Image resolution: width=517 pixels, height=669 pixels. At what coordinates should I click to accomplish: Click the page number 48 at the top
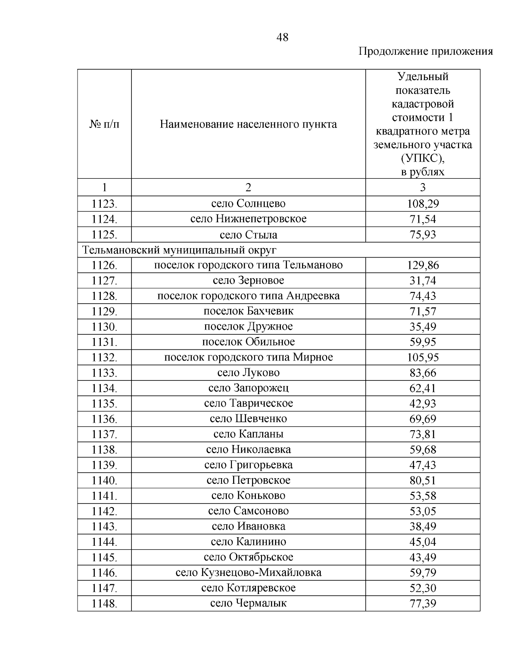pyautogui.click(x=282, y=37)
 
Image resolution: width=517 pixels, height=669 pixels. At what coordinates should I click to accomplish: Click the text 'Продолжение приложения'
pyautogui.click(x=425, y=52)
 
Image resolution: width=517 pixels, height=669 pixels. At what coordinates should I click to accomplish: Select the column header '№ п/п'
pyautogui.click(x=104, y=124)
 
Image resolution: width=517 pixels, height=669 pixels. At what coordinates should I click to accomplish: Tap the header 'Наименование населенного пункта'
pyautogui.click(x=248, y=124)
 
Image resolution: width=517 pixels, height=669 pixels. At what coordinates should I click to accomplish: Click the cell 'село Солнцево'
pyautogui.click(x=248, y=203)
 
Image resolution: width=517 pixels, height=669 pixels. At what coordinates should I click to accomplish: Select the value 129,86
pyautogui.click(x=423, y=265)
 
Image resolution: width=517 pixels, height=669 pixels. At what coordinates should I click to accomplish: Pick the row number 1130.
pyautogui.click(x=104, y=327)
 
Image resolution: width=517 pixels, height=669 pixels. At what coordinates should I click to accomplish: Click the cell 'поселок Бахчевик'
pyautogui.click(x=248, y=311)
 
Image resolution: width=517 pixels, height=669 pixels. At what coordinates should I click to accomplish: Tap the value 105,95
pyautogui.click(x=423, y=358)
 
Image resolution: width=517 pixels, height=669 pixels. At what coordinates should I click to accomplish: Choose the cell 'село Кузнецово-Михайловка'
pyautogui.click(x=248, y=573)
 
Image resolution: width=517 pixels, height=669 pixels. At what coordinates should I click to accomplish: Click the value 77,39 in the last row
pyautogui.click(x=423, y=604)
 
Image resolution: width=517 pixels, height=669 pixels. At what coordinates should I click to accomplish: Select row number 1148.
pyautogui.click(x=104, y=604)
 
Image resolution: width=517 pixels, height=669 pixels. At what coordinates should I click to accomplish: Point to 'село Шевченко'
pyautogui.click(x=248, y=419)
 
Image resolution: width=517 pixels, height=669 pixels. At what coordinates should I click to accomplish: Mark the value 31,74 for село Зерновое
pyautogui.click(x=423, y=281)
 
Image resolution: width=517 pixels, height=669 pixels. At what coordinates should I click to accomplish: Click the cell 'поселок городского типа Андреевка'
pyautogui.click(x=248, y=296)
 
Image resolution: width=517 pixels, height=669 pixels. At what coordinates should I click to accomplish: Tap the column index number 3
pyautogui.click(x=423, y=187)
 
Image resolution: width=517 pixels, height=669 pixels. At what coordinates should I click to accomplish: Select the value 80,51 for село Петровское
pyautogui.click(x=423, y=480)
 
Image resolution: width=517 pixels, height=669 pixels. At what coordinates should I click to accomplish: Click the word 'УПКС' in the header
pyautogui.click(x=420, y=159)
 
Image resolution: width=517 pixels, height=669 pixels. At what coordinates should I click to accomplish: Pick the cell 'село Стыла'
pyautogui.click(x=248, y=235)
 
